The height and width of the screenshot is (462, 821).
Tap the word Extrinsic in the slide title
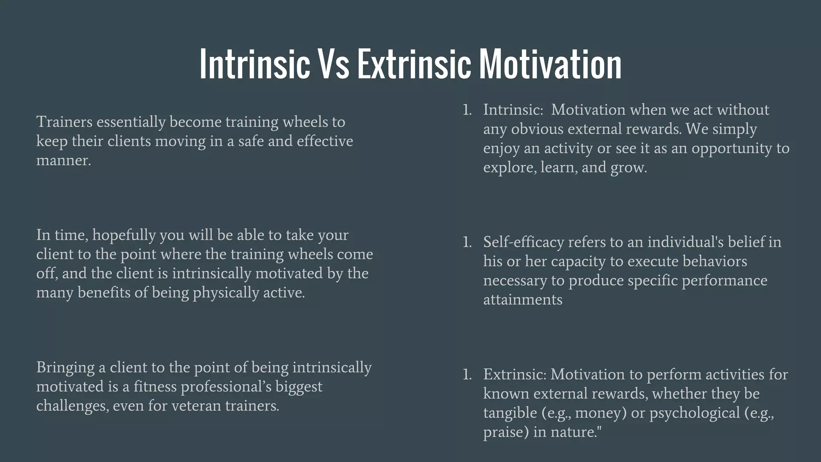(x=414, y=64)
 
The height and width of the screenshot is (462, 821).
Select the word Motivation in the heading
(x=550, y=64)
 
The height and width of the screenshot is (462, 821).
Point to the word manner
(x=63, y=160)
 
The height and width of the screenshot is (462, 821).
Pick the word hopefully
(x=123, y=235)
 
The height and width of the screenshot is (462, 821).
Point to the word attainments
(x=522, y=300)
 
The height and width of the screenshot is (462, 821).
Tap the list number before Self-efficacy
(x=467, y=242)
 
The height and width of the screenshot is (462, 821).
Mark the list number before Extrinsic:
(x=467, y=375)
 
